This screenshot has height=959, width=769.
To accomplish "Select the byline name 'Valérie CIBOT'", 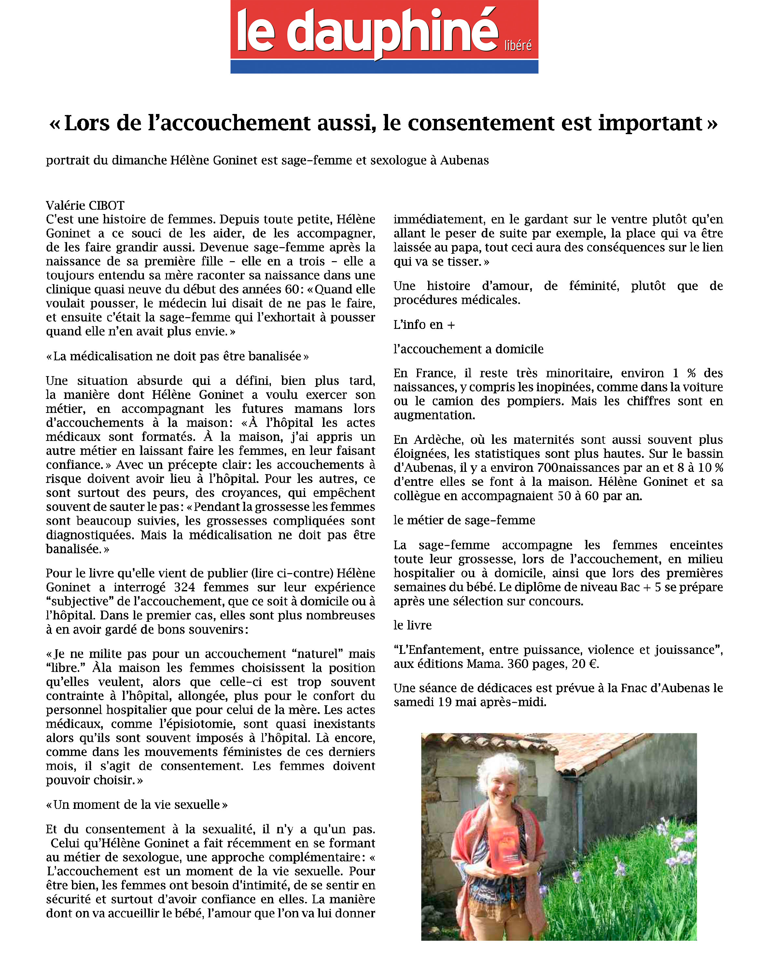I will (x=85, y=205).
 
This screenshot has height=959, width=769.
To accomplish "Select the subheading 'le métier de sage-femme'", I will (x=464, y=520).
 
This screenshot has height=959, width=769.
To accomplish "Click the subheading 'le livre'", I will (x=412, y=625).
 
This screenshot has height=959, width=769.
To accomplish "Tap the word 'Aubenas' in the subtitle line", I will (x=464, y=160).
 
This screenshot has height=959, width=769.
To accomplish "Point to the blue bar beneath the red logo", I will (x=384, y=66).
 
